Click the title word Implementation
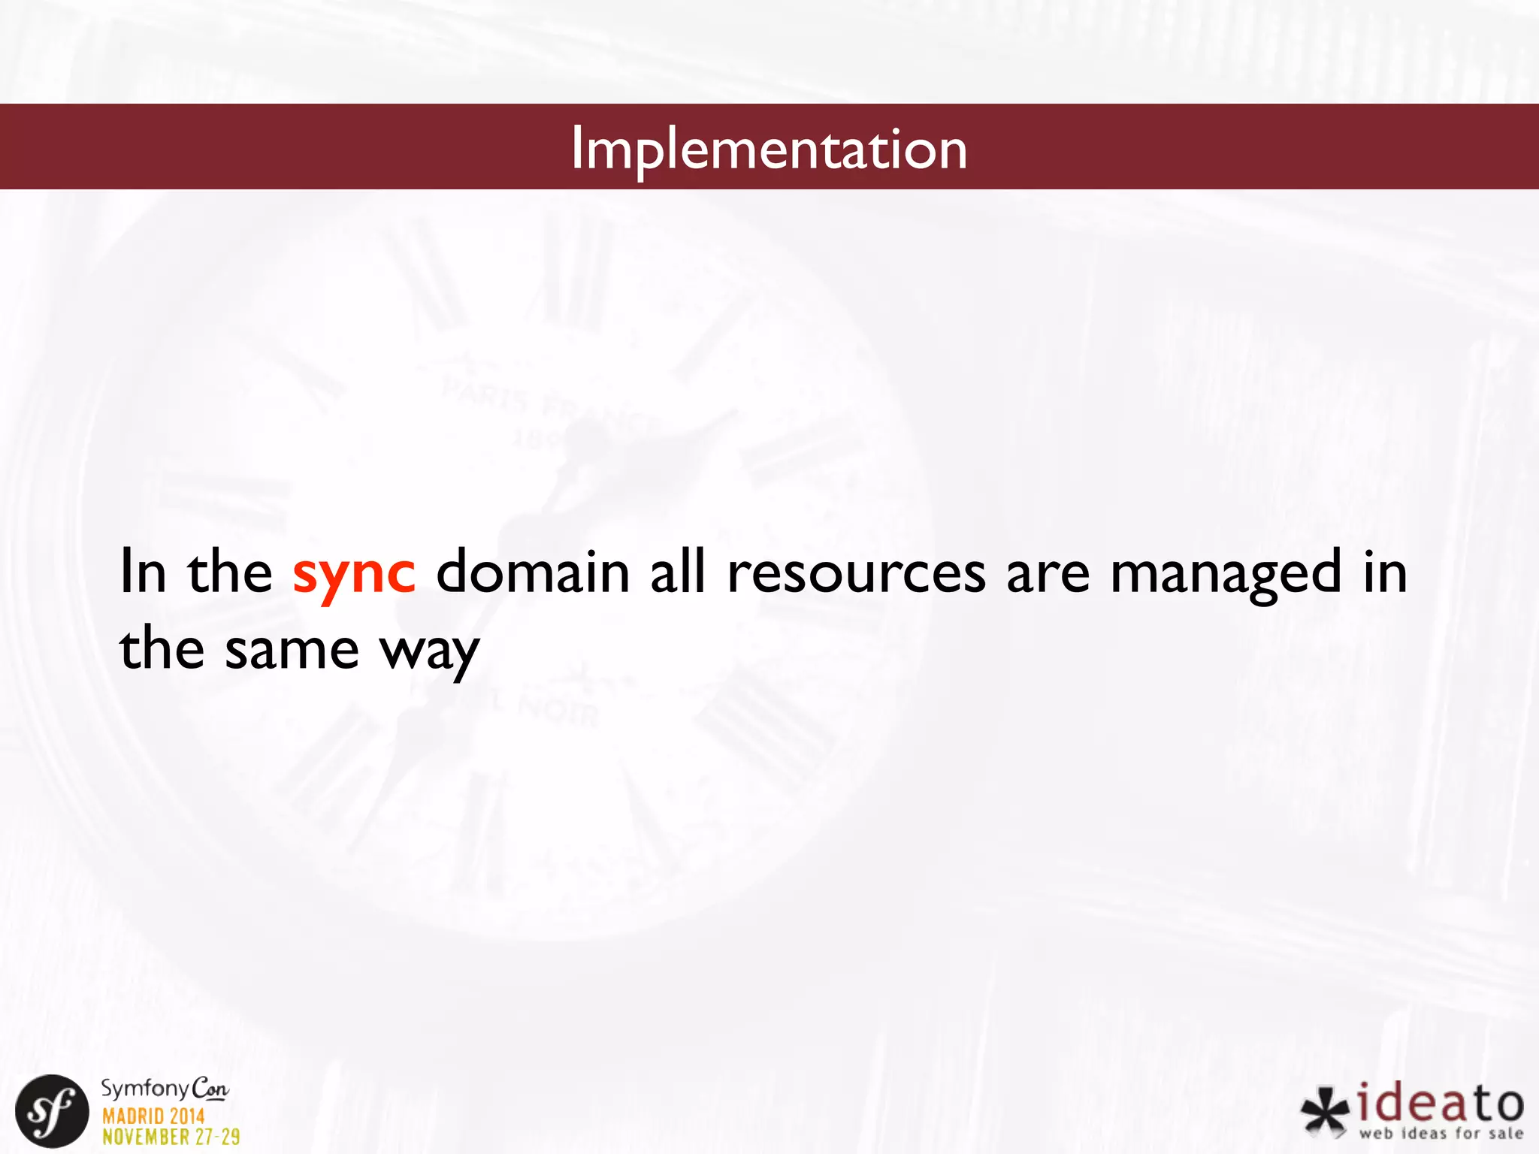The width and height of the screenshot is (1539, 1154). click(x=769, y=149)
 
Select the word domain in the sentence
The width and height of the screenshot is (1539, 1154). click(x=533, y=572)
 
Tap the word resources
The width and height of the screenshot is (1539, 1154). click(x=856, y=572)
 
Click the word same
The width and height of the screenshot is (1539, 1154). click(x=292, y=650)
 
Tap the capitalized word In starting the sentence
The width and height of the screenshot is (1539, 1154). click(x=143, y=572)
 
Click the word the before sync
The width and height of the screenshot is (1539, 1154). click(x=230, y=572)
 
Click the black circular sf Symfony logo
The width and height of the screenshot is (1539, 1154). click(x=52, y=1111)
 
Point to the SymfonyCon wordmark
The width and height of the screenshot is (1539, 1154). click(x=165, y=1088)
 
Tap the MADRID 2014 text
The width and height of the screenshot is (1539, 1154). click(x=153, y=1116)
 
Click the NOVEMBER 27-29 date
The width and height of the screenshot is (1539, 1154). click(x=171, y=1137)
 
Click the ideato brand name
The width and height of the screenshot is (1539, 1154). click(x=1441, y=1103)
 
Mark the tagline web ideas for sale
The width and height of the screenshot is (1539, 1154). click(x=1441, y=1134)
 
